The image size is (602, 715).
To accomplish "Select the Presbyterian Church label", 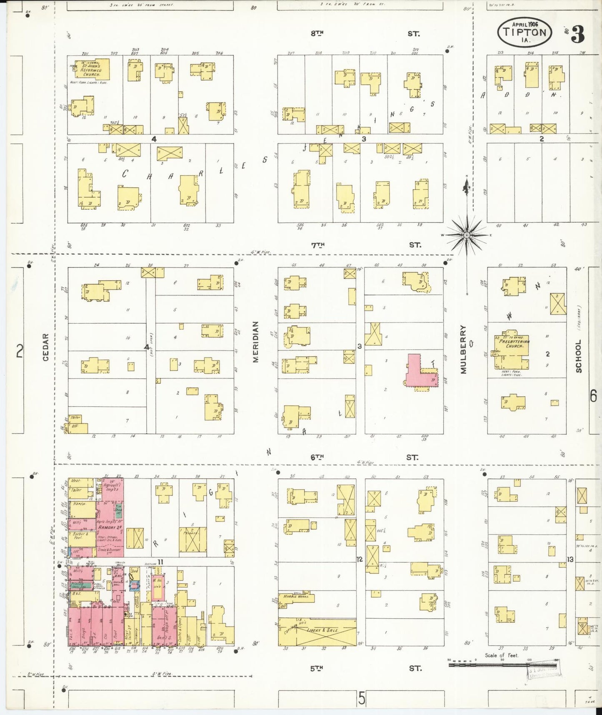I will coord(515,344).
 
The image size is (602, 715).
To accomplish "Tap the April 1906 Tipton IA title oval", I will coord(524,32).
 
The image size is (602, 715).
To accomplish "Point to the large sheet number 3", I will coord(577,34).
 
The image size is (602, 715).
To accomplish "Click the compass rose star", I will coord(467,235).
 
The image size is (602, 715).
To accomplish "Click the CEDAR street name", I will coord(45,347).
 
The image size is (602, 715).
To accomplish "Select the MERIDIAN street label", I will coord(256,342).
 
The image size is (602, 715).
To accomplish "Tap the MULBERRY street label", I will coord(464,349).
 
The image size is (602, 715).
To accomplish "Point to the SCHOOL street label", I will coord(578,356).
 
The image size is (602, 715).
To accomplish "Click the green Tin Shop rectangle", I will coord(119,513).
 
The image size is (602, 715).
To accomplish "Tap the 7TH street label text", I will coord(317,245).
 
